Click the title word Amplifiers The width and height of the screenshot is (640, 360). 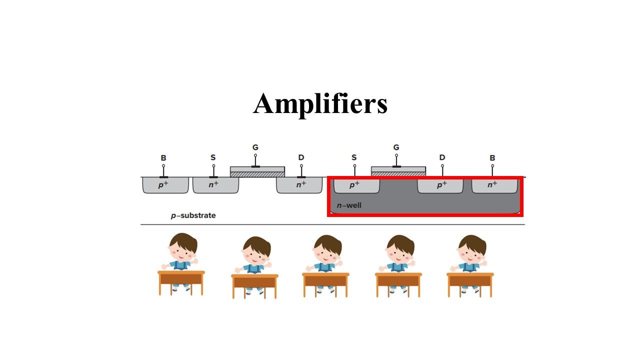(320, 104)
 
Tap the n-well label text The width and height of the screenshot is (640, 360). (349, 205)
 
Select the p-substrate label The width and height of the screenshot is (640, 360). (193, 215)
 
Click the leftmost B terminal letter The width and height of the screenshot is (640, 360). (163, 157)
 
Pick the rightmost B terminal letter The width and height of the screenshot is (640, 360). (492, 157)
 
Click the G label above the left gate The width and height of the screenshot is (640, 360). (255, 147)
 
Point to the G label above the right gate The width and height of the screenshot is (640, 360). (396, 147)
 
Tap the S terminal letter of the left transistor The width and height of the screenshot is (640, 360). (213, 157)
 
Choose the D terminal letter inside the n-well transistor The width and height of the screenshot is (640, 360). (442, 157)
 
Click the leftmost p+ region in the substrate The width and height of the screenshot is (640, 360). (165, 185)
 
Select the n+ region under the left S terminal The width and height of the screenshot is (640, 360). (215, 185)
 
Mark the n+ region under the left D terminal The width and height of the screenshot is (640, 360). (299, 185)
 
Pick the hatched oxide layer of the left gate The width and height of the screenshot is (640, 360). (257, 174)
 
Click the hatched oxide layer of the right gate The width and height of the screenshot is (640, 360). (398, 174)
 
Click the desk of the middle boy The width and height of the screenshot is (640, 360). (325, 285)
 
